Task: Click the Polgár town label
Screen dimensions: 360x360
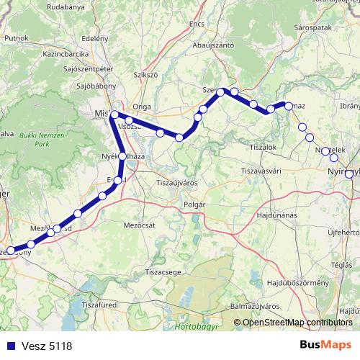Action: (x=195, y=204)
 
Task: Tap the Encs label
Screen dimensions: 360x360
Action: (x=197, y=24)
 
